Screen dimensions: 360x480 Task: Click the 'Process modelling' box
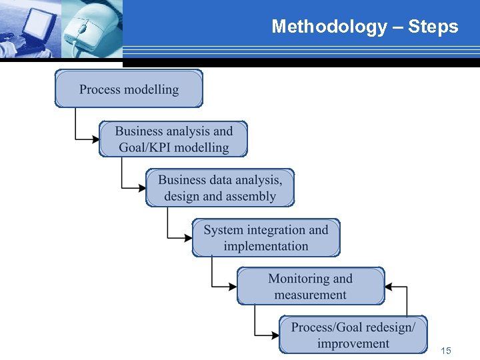tap(129, 89)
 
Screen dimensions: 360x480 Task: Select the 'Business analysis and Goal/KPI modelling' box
tap(173, 139)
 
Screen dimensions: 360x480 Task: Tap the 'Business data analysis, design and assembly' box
tap(220, 187)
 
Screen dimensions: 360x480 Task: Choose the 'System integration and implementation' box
tap(266, 237)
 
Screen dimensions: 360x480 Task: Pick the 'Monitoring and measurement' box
tap(311, 286)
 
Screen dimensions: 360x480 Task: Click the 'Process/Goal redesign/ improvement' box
tap(353, 335)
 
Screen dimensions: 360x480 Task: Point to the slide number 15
tap(446, 351)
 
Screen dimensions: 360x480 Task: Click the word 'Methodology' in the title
tap(329, 27)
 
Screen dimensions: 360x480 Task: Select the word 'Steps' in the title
tap(433, 27)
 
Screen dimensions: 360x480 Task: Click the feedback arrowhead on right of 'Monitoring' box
tap(389, 287)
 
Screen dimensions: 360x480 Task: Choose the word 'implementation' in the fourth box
tap(266, 246)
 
